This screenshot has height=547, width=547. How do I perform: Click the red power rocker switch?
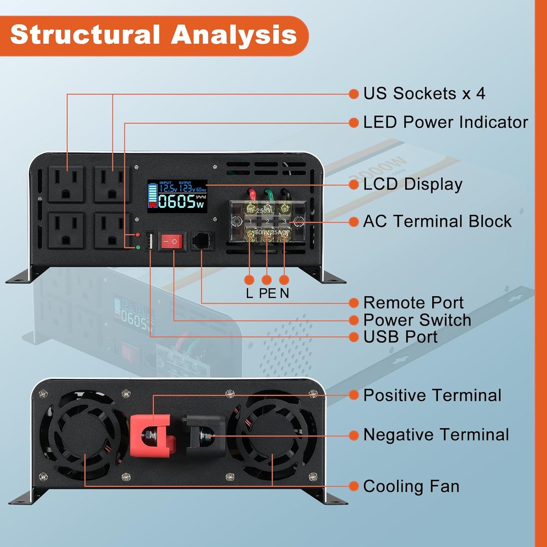tap(172, 241)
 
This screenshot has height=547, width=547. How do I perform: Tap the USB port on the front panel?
tap(150, 241)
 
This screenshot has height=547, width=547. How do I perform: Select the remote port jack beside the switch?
tap(202, 241)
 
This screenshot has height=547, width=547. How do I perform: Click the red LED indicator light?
tap(138, 235)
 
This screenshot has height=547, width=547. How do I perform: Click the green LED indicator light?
tap(138, 248)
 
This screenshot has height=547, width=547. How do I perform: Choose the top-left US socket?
tap(66, 184)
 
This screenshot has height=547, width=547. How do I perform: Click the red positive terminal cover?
tap(151, 435)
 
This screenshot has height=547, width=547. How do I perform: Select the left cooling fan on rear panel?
tap(84, 435)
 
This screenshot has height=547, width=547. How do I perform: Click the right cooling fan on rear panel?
tap(272, 435)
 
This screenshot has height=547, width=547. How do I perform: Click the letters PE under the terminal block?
tap(267, 293)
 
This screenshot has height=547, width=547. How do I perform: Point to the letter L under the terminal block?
tap(249, 293)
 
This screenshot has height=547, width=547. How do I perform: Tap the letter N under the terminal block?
tap(284, 293)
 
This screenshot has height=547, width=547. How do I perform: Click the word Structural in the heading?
tap(85, 35)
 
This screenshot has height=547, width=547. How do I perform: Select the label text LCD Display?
tap(413, 184)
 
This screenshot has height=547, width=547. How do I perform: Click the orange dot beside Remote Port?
tap(354, 303)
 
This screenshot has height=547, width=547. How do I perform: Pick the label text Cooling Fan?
tap(411, 486)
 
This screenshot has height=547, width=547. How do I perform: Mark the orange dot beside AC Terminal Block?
tap(354, 222)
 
